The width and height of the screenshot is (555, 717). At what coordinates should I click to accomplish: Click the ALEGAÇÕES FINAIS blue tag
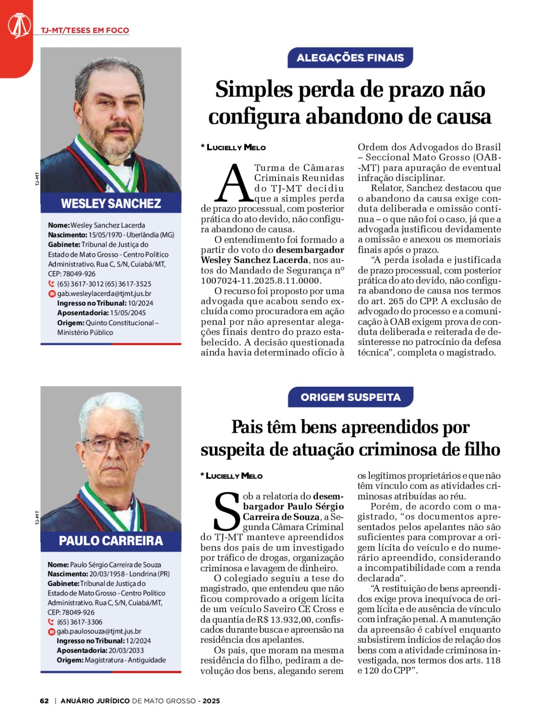[x=350, y=57]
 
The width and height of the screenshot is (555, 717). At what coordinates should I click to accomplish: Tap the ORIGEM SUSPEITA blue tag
[x=350, y=397]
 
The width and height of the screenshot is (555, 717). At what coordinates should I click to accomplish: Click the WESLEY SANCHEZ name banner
[x=111, y=203]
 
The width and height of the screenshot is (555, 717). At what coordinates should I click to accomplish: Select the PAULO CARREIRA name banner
[x=111, y=541]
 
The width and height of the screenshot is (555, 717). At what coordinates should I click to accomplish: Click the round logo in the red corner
[x=19, y=26]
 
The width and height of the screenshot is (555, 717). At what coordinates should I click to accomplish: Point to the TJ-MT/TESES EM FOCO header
[x=85, y=30]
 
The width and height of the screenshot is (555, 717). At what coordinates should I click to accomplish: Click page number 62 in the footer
[x=44, y=701]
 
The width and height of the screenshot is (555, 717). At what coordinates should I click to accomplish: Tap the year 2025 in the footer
[x=211, y=701]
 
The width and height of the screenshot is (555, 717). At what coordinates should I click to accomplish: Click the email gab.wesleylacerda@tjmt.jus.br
[x=104, y=293]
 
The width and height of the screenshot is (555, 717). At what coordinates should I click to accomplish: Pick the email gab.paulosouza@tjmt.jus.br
[x=99, y=631]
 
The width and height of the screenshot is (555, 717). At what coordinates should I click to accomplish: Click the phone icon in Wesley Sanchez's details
[x=51, y=284]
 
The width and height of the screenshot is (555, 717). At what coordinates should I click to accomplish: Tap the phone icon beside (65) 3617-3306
[x=51, y=622]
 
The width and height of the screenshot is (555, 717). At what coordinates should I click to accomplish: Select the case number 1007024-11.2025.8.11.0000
[x=260, y=281]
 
